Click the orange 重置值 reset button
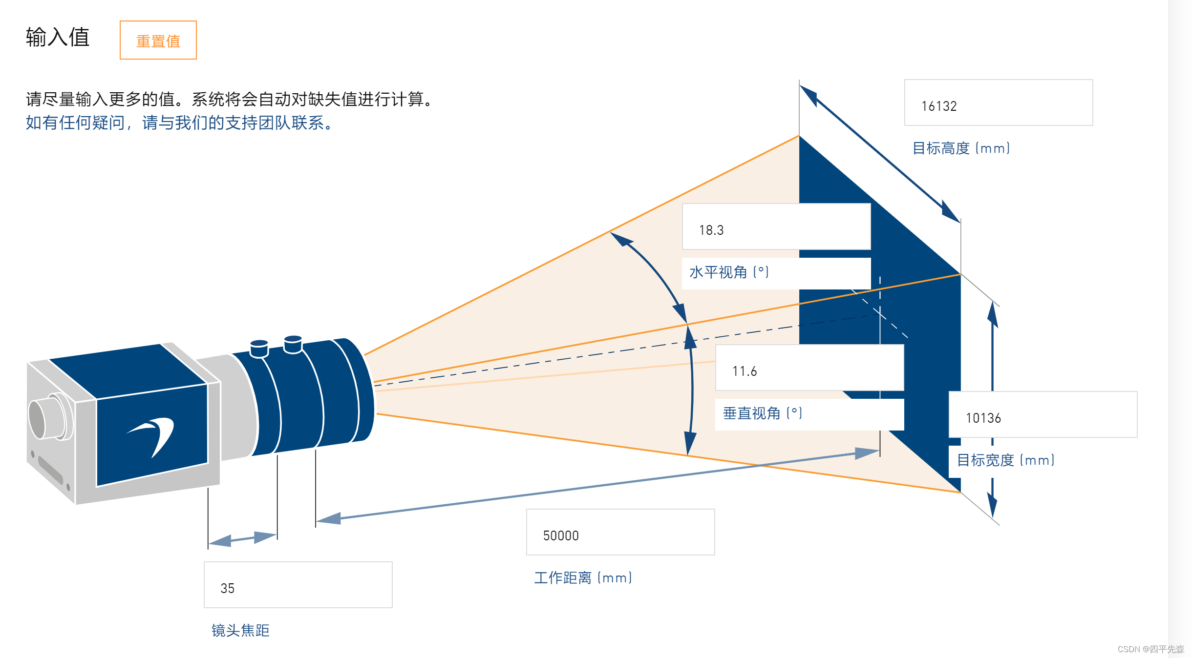tap(158, 40)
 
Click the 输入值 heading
tap(58, 37)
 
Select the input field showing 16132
tap(998, 103)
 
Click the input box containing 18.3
tap(776, 227)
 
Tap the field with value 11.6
tap(809, 368)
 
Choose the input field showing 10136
tap(1043, 415)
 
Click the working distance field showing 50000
tap(620, 533)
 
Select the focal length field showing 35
tap(298, 585)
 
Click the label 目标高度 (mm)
tap(961, 148)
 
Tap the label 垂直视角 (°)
tap(762, 413)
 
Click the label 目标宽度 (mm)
tap(1005, 460)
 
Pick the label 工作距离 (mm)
tap(583, 578)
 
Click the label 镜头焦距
tap(240, 631)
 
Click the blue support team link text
tap(179, 123)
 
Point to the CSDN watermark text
tap(1150, 649)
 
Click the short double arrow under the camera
tap(243, 539)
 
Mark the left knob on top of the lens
tap(259, 348)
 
